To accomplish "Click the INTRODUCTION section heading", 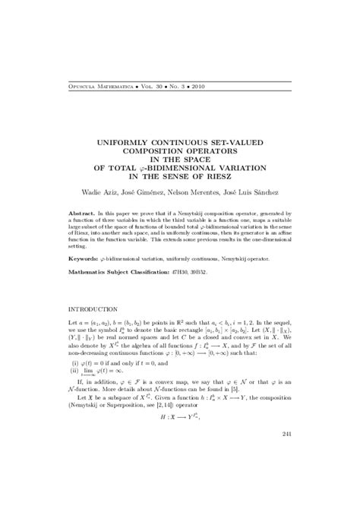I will [x=93, y=310].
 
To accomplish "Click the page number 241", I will [x=286, y=434].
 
